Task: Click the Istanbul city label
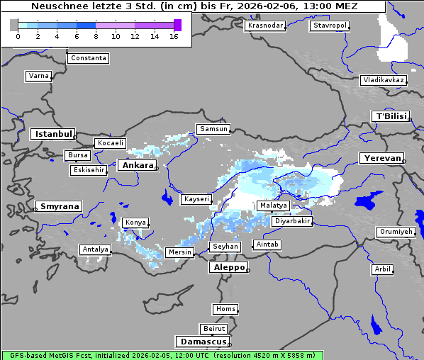pos(52,134)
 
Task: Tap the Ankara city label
pos(136,165)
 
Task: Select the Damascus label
pos(202,342)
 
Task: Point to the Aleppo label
pos(227,268)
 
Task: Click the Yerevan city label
pos(381,158)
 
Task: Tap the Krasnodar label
pos(265,26)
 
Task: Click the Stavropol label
pos(330,26)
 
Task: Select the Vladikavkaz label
pos(383,80)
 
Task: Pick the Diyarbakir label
pos(291,221)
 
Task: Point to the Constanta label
pos(89,58)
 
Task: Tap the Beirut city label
pos(213,329)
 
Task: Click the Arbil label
pos(382,269)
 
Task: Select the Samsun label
pos(213,129)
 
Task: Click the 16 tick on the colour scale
pos(174,36)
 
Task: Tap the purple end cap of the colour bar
pos(177,25)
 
